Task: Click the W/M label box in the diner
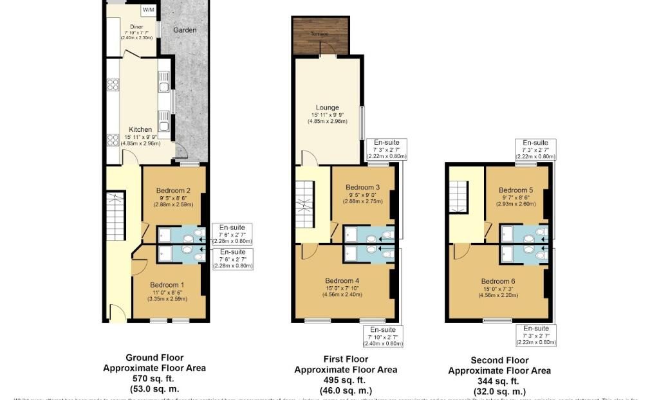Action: click(149, 10)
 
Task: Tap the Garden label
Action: click(184, 30)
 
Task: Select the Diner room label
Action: click(136, 26)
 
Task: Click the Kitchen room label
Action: click(140, 129)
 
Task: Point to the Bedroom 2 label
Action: click(172, 190)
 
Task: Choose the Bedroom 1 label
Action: click(167, 285)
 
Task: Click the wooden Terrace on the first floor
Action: click(320, 35)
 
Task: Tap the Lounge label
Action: click(327, 107)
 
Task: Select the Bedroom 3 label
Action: click(362, 187)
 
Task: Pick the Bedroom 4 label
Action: click(342, 280)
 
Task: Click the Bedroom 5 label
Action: click(516, 190)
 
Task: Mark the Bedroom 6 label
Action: click(498, 281)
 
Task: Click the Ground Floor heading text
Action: click(154, 358)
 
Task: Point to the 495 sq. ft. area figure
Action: click(346, 381)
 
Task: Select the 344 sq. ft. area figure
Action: click(499, 381)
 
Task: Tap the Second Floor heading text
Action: click(499, 360)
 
